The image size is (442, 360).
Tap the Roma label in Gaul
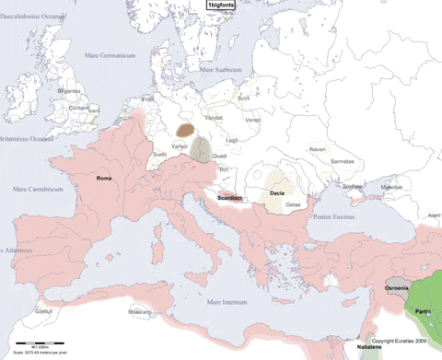point(104,180)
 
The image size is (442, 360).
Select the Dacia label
point(277,193)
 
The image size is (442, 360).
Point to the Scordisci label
point(230,198)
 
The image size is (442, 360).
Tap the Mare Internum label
point(227,302)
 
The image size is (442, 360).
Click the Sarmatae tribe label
point(343,159)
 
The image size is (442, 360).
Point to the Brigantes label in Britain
point(69,91)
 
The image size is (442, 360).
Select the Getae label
point(293,203)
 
